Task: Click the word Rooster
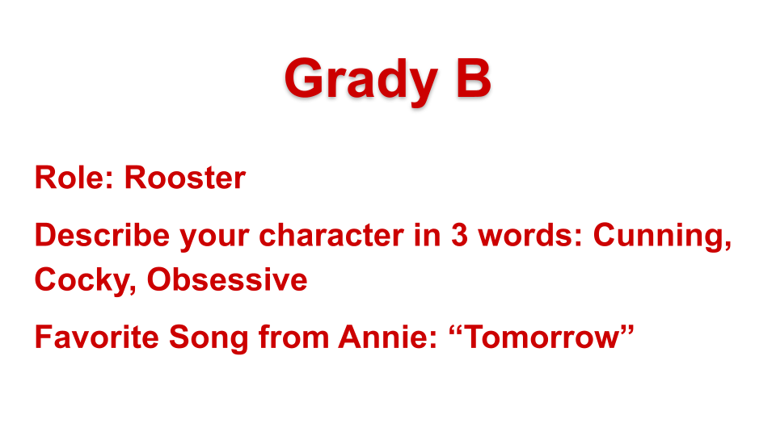[184, 178]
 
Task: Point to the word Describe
[103, 235]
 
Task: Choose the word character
[331, 235]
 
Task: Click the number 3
[459, 235]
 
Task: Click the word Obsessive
[227, 280]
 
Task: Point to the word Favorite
[97, 337]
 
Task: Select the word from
[294, 337]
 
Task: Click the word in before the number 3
[427, 235]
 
